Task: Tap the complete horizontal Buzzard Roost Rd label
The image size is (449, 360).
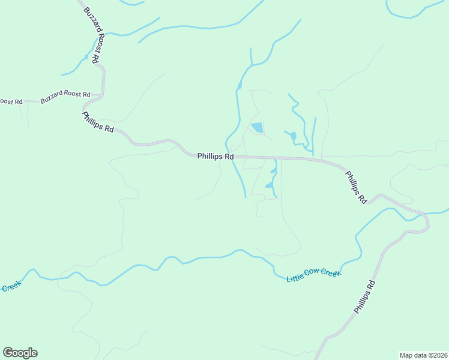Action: pos(65,98)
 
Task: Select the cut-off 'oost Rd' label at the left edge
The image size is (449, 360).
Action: pos(11,102)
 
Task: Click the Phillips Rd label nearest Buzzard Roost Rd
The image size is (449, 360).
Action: pos(98,122)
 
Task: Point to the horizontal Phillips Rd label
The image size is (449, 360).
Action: pos(215,156)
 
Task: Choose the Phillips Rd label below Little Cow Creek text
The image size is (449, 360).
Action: pos(364,297)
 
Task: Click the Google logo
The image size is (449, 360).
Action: pos(20,353)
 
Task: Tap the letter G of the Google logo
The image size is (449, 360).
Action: pos(8,352)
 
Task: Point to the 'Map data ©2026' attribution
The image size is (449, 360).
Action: pos(423,355)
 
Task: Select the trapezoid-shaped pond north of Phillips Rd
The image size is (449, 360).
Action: pos(258,127)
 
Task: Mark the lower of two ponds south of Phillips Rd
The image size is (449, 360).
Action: pos(269,185)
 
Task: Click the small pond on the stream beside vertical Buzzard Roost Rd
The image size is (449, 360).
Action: pos(86,58)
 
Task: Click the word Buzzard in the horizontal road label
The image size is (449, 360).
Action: pos(52,100)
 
